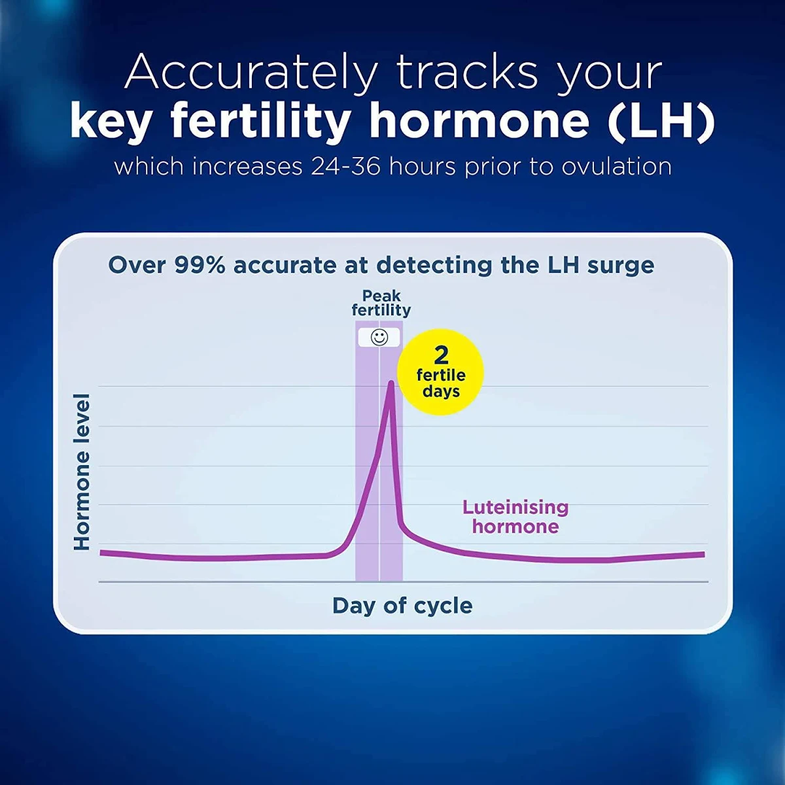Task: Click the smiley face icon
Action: (x=379, y=338)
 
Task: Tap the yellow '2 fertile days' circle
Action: (x=440, y=372)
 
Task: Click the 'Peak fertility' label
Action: (x=381, y=303)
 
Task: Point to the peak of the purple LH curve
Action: (x=391, y=381)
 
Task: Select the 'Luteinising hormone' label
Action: (x=515, y=517)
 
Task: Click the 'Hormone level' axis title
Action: (x=82, y=472)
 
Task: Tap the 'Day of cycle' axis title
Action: (x=402, y=606)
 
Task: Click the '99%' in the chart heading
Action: (x=200, y=266)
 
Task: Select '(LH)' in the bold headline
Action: (x=661, y=121)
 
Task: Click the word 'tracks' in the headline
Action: (x=467, y=73)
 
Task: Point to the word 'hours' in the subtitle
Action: (x=422, y=167)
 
